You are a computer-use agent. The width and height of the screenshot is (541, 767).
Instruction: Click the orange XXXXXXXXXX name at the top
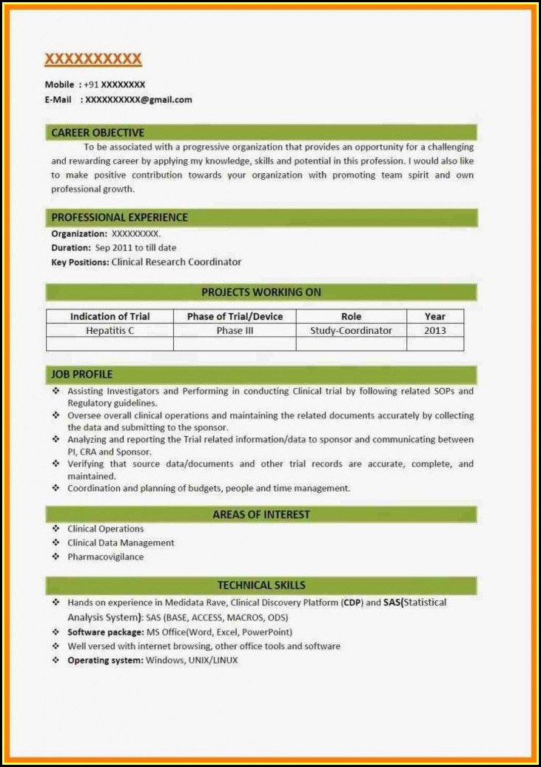[93, 58]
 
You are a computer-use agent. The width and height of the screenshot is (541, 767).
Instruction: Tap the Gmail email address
[138, 99]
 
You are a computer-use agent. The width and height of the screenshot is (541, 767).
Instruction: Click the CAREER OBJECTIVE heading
[98, 133]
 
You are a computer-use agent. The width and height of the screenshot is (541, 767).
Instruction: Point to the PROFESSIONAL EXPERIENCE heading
[119, 217]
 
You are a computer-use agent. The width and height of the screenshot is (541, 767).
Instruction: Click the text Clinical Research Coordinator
[176, 262]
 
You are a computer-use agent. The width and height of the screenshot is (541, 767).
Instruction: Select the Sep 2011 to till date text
[135, 248]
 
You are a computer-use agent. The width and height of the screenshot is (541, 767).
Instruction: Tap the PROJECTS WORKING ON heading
[261, 292]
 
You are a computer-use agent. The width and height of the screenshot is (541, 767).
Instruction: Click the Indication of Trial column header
[110, 316]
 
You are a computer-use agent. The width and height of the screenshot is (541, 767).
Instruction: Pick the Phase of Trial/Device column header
[235, 316]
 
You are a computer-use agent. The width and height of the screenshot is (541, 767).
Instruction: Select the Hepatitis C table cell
[110, 330]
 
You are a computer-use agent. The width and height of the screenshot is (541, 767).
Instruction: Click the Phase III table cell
[235, 330]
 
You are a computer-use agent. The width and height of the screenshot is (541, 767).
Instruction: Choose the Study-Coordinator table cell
[351, 330]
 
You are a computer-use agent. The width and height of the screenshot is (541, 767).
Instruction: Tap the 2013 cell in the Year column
[435, 330]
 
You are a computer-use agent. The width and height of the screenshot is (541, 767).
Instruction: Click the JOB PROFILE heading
[81, 374]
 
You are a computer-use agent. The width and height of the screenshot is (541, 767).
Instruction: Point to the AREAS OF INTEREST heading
[261, 514]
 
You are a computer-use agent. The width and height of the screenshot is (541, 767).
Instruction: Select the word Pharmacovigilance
[105, 557]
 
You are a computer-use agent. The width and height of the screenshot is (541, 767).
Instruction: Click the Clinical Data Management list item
[121, 543]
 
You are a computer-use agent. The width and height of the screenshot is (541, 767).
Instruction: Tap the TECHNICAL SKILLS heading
[261, 585]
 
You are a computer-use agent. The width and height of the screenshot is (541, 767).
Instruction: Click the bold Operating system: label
[105, 660]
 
